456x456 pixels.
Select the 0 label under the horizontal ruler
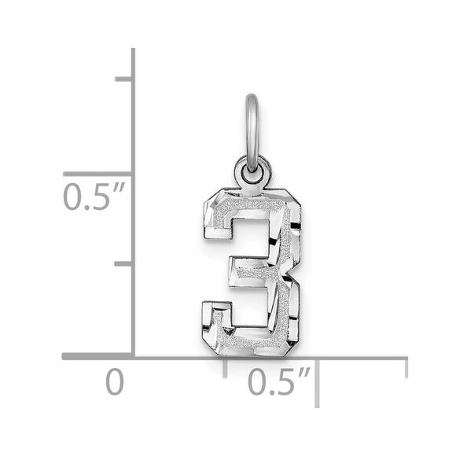(x=115, y=383)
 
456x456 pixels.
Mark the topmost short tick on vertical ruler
(x=123, y=79)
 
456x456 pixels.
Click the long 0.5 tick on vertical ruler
(x=98, y=173)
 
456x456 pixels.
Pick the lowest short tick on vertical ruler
(x=123, y=264)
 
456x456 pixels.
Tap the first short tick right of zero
(x=226, y=366)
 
